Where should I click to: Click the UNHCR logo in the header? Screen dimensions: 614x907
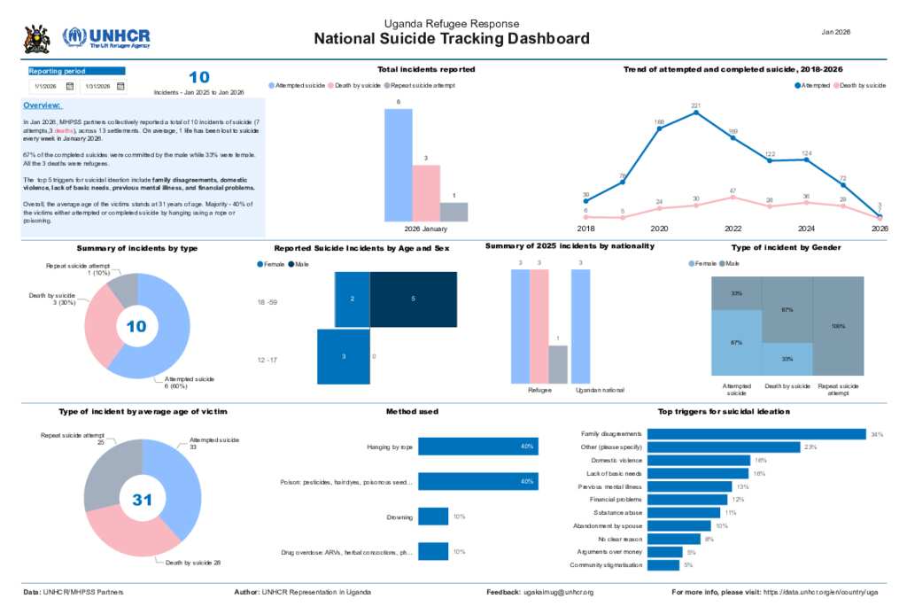[x=106, y=37]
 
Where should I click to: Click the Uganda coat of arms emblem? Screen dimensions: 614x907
[x=36, y=38]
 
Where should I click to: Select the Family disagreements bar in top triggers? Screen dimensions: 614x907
[x=756, y=434]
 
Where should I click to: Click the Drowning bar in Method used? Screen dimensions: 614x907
[x=433, y=516]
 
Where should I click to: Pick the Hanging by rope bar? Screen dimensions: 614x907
[x=477, y=447]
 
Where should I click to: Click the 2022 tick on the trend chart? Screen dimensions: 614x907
[x=732, y=228]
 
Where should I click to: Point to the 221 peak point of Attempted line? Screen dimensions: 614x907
[x=696, y=113]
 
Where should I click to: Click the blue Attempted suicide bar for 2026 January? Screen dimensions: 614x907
[x=398, y=165]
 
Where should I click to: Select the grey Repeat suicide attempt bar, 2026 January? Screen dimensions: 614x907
[x=453, y=212]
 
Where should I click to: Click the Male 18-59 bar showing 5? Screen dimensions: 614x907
[x=413, y=299]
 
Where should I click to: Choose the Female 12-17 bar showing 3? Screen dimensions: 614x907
[x=342, y=356]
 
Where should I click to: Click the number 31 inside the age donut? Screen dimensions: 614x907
[x=143, y=500]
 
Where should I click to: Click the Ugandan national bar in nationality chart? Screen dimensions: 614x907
[x=581, y=327]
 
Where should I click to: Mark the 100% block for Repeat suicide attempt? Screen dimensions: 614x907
[x=839, y=326]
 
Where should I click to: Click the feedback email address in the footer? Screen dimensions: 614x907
[x=558, y=592]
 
